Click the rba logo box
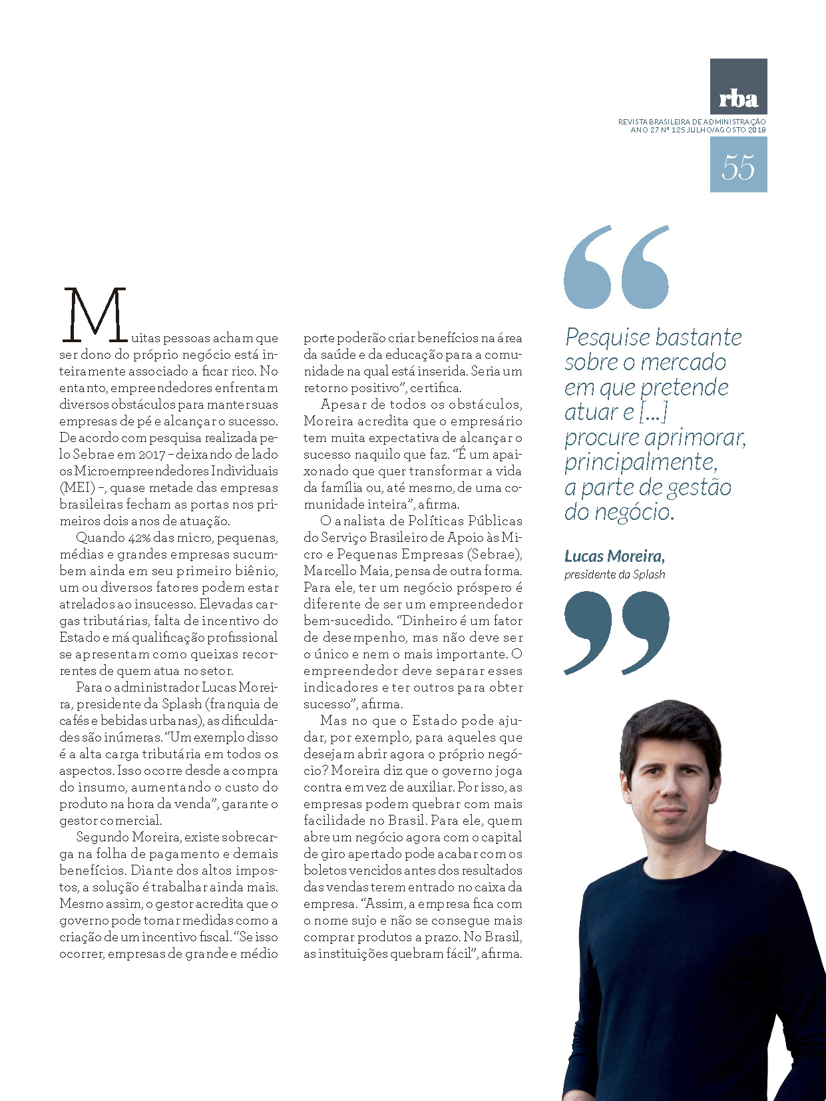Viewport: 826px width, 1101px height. tap(738, 87)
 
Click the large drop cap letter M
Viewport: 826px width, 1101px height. tap(94, 314)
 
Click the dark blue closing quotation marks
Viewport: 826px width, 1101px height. tap(616, 632)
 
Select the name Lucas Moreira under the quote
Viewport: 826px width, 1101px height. tap(614, 556)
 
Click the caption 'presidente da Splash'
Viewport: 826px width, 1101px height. tap(614, 574)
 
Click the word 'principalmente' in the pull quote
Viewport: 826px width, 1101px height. tap(640, 462)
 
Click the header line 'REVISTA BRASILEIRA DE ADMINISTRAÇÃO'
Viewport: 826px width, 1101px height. tap(692, 122)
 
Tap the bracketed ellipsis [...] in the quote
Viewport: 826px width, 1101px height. tap(653, 413)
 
